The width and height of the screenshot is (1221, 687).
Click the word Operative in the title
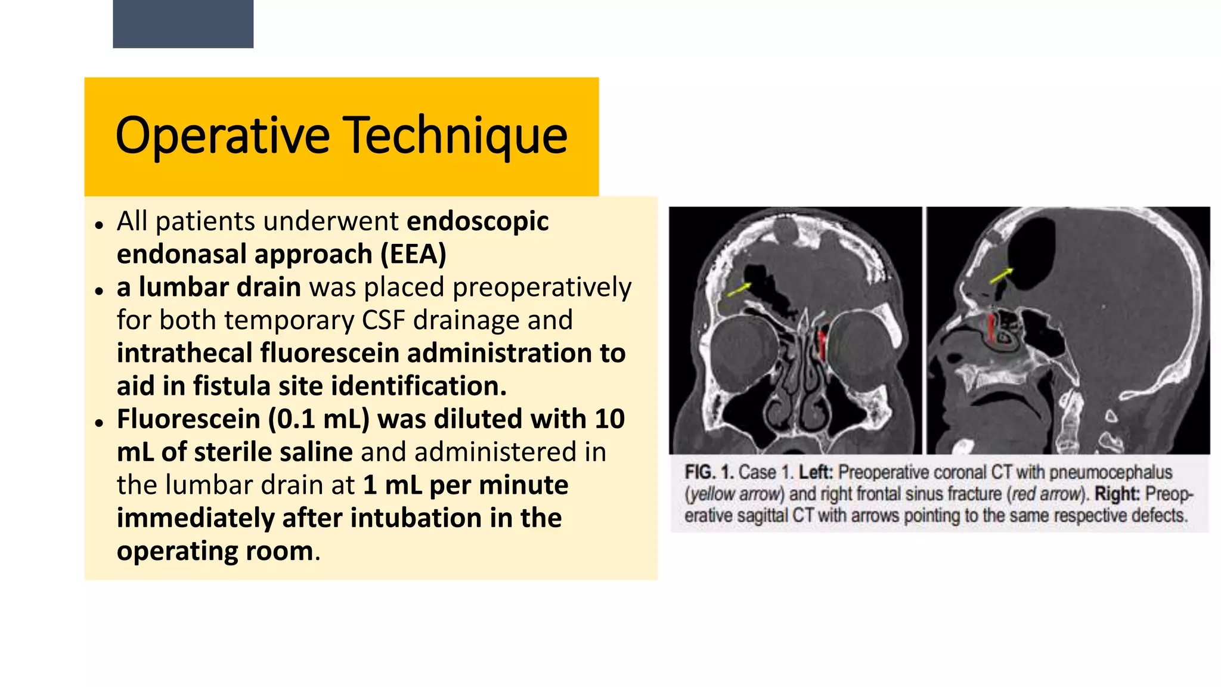point(222,136)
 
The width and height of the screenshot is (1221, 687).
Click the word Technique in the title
point(456,136)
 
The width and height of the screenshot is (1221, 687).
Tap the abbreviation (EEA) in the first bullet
point(414,255)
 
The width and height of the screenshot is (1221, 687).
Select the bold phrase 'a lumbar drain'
point(209,287)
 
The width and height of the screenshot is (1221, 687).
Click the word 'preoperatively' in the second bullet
point(542,287)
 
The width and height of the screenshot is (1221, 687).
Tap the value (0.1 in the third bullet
point(291,419)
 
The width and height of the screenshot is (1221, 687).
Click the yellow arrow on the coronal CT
point(739,289)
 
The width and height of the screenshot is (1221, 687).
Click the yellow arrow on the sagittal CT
point(1002,276)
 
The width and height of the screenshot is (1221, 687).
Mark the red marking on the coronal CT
point(823,345)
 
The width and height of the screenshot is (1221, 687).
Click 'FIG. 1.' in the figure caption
point(709,472)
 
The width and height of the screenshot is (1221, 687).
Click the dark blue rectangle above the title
point(183,24)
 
